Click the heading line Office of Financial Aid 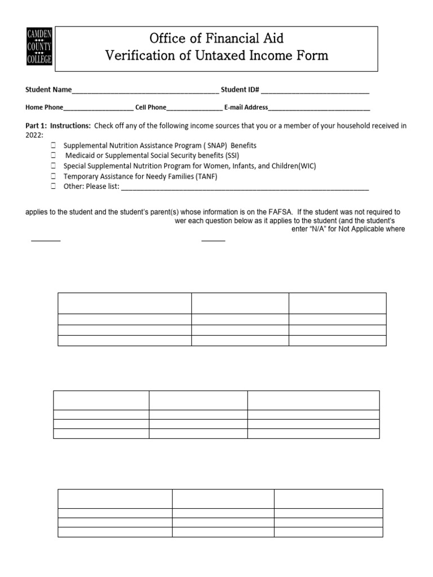click(x=216, y=38)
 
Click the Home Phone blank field click(x=99, y=107)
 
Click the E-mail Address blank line click(x=319, y=107)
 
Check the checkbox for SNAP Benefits click(x=53, y=145)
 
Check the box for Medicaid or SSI click(x=53, y=156)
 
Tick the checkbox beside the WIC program click(x=53, y=166)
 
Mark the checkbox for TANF click(x=53, y=176)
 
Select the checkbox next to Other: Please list click(x=53, y=187)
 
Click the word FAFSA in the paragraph click(x=279, y=212)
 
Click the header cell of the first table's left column click(x=125, y=303)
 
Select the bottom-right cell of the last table click(x=328, y=532)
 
